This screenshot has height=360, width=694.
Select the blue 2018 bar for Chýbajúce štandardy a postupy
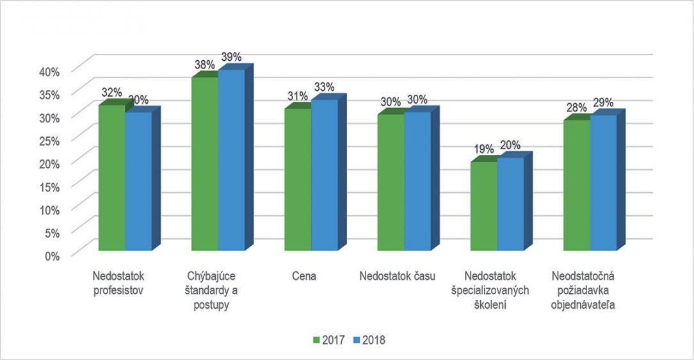click(x=231, y=160)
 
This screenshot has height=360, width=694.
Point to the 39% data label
click(x=231, y=57)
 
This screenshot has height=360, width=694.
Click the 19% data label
click(x=484, y=149)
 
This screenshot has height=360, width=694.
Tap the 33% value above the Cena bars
click(x=323, y=87)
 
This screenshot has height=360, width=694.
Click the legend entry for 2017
click(x=328, y=340)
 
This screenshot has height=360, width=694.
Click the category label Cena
click(x=304, y=277)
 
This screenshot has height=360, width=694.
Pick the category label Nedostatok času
click(x=397, y=277)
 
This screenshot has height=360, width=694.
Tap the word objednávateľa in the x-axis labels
click(x=583, y=305)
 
